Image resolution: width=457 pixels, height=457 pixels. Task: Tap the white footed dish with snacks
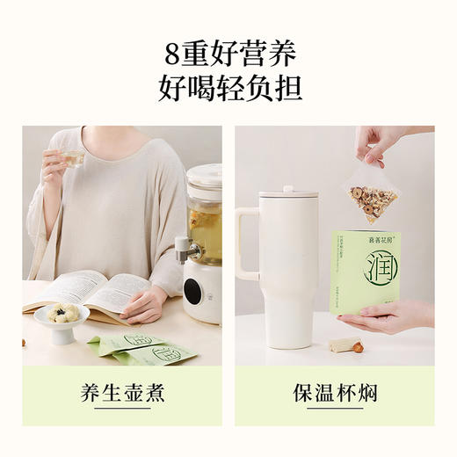[62, 320]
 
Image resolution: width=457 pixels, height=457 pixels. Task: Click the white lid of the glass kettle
[204, 176]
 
